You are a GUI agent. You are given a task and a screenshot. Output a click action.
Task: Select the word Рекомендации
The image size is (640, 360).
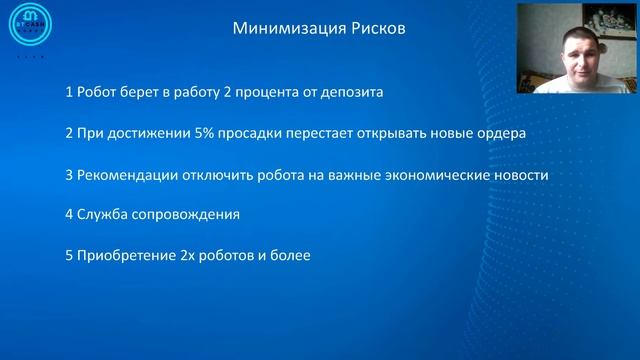124,175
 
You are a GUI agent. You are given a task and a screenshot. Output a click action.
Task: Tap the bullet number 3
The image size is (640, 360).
67,175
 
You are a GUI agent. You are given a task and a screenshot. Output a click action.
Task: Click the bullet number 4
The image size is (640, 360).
67,215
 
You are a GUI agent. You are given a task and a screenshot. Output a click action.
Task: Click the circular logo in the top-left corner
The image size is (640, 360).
31,24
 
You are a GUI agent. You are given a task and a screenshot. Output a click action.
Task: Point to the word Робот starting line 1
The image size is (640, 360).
100,93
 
